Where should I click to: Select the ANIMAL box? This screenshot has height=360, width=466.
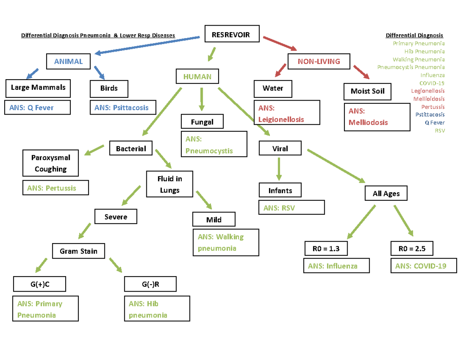coord(68,61)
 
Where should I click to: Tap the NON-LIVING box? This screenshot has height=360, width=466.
coord(318,61)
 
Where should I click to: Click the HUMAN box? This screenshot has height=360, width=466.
coord(198,77)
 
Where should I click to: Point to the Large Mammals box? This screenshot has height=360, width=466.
coord(38,88)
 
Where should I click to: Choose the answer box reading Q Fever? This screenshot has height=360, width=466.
coord(38,108)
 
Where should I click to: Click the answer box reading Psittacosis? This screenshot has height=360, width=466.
coord(122,108)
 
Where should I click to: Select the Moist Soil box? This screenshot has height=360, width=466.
coord(367,92)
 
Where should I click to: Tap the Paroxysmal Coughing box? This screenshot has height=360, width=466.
coord(50,163)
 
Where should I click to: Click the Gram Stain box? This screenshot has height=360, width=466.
coord(78,251)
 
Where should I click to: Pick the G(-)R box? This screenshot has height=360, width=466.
coord(150,284)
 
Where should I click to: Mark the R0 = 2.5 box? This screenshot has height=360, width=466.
coord(412,249)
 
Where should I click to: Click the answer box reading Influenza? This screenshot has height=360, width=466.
coord(337,266)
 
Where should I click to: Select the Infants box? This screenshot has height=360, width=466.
coord(280,191)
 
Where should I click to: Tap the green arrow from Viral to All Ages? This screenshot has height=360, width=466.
coord(336,166)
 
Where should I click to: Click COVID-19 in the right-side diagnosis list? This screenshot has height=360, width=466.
coord(432,83)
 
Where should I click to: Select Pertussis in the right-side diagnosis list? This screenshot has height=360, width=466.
coord(433,107)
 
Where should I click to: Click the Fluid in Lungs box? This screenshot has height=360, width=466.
coord(169,184)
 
